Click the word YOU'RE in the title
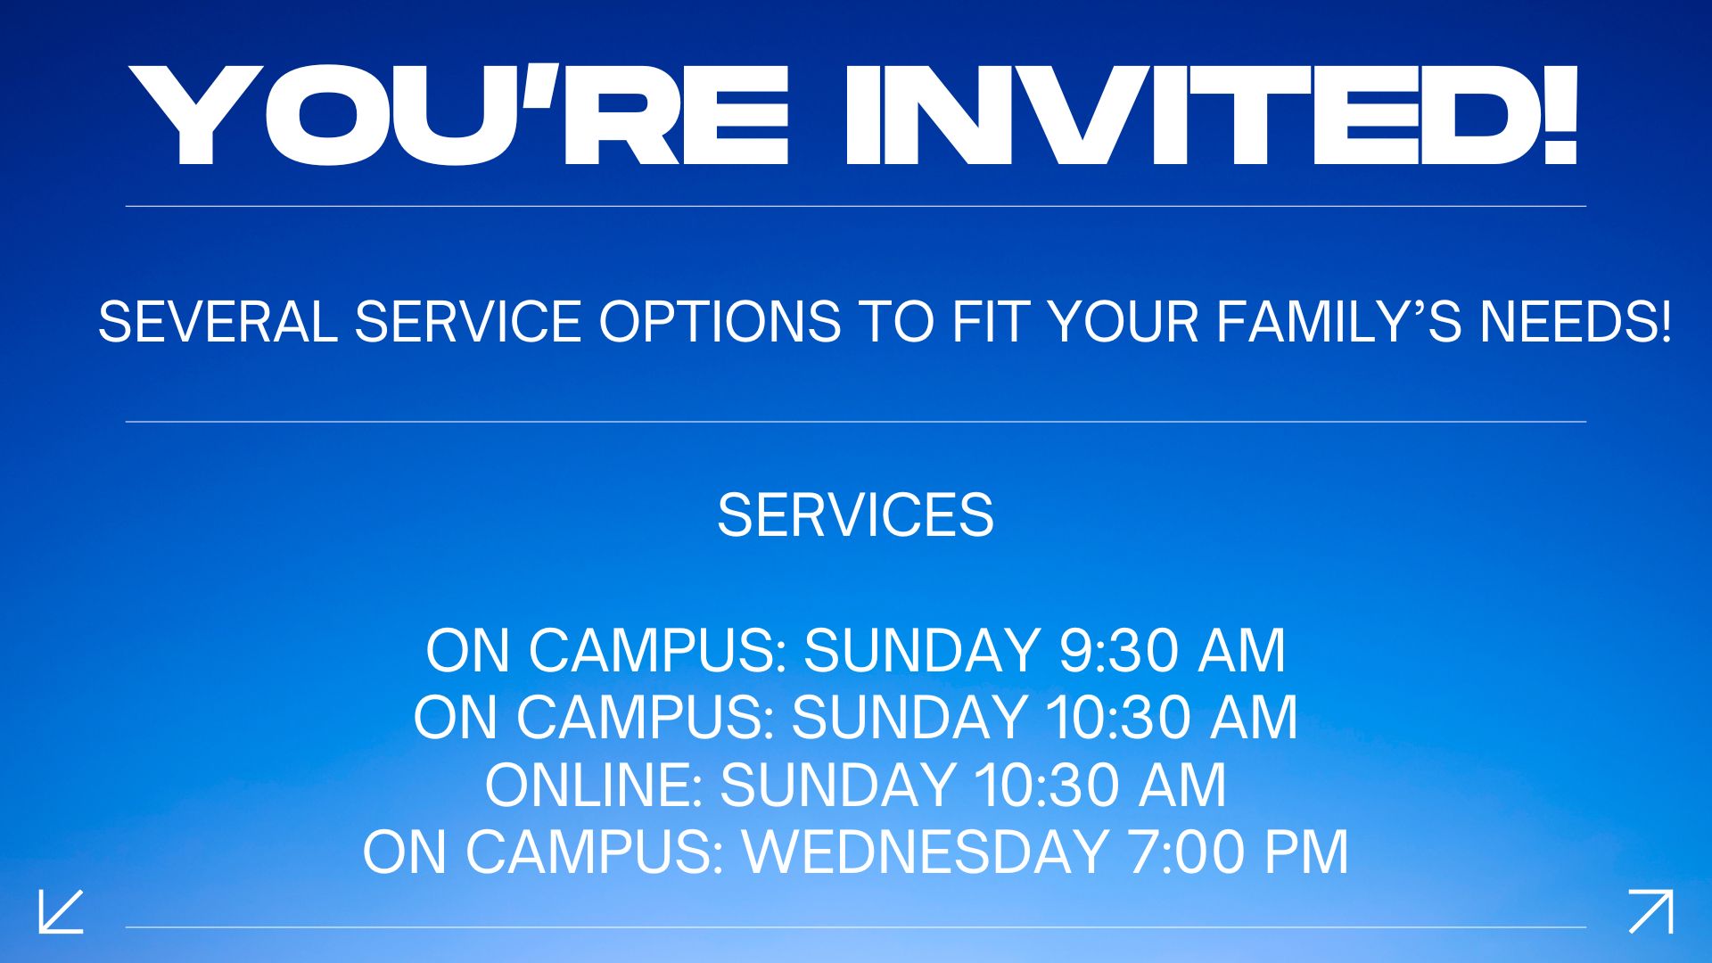point(458,115)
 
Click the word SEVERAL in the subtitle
point(218,321)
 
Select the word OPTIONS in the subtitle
point(720,321)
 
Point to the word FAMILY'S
point(1338,321)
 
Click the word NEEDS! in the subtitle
point(1576,321)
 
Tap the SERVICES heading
point(855,515)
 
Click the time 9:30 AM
point(1173,650)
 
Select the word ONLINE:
point(594,786)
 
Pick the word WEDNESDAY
point(926,852)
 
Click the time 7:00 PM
point(1239,852)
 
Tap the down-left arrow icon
point(61,910)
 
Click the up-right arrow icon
point(1651,910)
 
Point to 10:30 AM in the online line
point(1099,786)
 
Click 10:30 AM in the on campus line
point(1172,718)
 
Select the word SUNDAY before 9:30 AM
point(922,650)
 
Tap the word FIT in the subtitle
point(989,321)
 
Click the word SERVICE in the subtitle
point(468,321)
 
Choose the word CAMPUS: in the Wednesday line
point(595,852)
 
